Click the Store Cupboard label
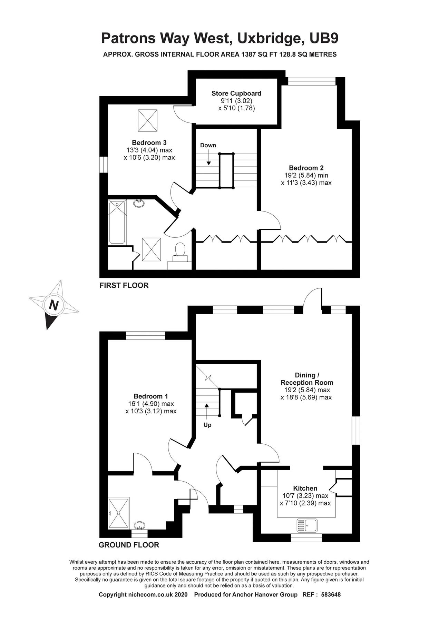click(x=236, y=93)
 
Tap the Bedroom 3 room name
click(x=149, y=142)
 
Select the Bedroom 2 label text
click(x=306, y=168)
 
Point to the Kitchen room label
click(x=305, y=488)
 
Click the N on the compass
click(x=53, y=305)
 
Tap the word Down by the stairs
click(x=208, y=145)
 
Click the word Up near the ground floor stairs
click(x=207, y=425)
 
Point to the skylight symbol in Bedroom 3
click(x=148, y=120)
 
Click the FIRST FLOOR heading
click(x=124, y=285)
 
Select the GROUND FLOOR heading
click(x=129, y=545)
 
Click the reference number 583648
click(x=331, y=595)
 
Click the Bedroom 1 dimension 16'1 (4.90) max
click(x=151, y=404)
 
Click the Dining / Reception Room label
click(x=306, y=379)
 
